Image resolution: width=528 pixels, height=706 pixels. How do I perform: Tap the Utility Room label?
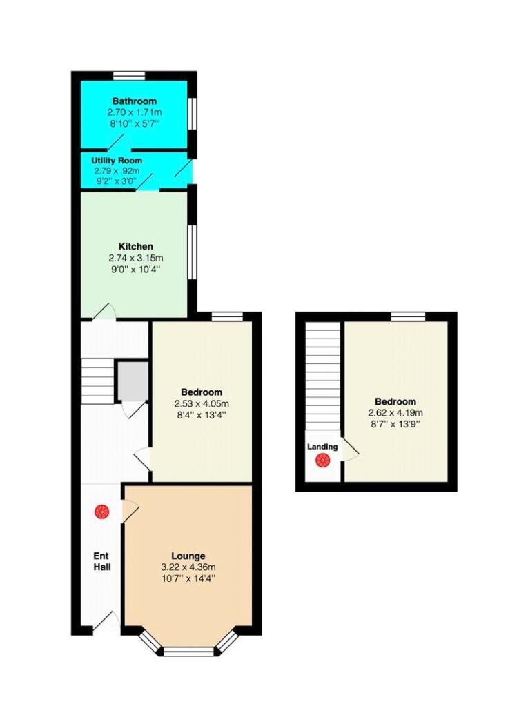coord(116,161)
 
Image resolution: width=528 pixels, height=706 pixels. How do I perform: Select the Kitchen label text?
coord(135,246)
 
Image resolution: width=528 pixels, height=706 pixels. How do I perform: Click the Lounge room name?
coord(188,556)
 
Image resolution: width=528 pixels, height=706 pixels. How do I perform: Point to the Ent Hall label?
coord(102,561)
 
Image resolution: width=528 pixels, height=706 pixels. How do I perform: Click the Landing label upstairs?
coord(322,447)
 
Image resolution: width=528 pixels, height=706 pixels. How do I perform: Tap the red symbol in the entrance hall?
coord(101,511)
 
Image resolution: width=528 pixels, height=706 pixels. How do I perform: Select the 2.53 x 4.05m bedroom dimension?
coord(202,404)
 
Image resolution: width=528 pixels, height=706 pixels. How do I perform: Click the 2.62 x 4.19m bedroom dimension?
coord(395,413)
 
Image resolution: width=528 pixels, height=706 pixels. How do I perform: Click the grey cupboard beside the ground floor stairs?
coord(131,382)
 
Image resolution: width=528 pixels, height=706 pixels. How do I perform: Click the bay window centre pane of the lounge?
coord(188,650)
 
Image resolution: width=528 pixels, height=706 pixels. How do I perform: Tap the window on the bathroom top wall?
coord(129,76)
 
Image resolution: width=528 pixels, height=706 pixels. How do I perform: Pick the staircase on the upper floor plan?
coord(323,376)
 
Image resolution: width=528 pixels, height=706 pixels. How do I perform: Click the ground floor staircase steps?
coord(97,381)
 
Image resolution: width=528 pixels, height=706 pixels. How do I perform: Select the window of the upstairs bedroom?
coord(407,316)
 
